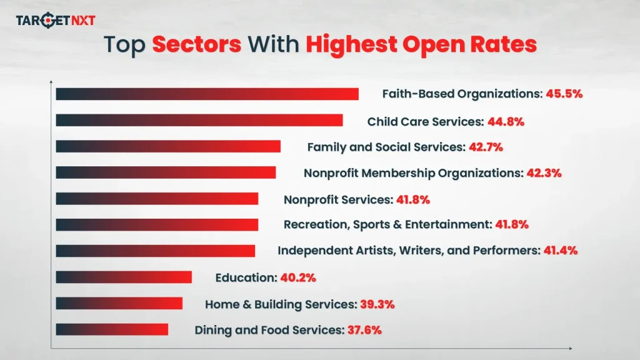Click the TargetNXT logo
[x=56, y=21]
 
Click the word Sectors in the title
[x=196, y=45]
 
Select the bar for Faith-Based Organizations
[x=207, y=94]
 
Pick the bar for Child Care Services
[x=199, y=121]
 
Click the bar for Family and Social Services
[x=167, y=146]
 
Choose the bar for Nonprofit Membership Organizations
[x=165, y=172]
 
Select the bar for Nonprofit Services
[x=156, y=199]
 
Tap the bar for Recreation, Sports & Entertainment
[x=156, y=224]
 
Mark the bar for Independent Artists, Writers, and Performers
[x=155, y=251]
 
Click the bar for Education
[x=123, y=277]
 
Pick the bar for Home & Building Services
[x=119, y=303]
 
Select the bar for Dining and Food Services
[x=111, y=329]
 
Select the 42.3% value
[x=543, y=172]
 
